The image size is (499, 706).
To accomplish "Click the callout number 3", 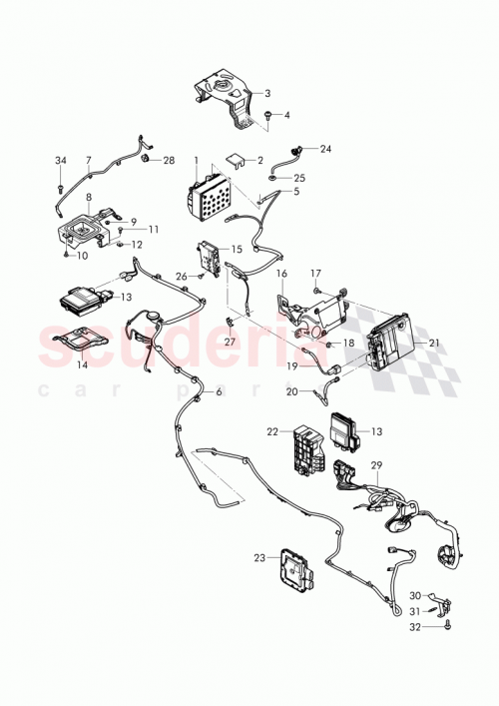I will [266, 93].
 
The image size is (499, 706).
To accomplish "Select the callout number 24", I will [325, 149].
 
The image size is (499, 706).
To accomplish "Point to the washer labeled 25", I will [300, 179].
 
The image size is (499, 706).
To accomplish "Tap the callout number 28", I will [168, 160].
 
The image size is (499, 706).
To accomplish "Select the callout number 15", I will [237, 249].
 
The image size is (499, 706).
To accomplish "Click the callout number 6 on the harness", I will [219, 392].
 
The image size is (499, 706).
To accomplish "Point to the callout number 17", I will [315, 273].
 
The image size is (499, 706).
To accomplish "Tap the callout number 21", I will [433, 343].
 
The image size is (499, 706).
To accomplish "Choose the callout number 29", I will [376, 466].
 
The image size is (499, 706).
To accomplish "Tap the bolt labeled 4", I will [271, 117].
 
